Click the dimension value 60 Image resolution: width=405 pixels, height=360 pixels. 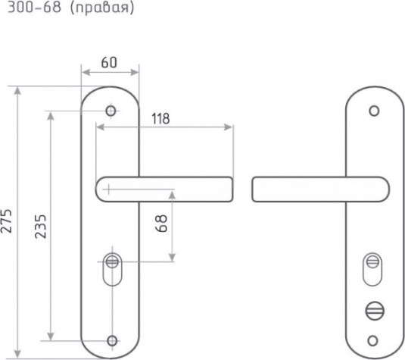tap(109, 63)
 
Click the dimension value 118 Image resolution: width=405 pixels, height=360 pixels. tap(160, 119)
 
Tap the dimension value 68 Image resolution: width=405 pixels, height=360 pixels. tap(162, 224)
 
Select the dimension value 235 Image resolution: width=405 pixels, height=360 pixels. tap(41, 227)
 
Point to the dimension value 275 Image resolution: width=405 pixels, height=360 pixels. tap(6, 221)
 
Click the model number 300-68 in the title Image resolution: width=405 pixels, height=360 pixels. tap(34, 7)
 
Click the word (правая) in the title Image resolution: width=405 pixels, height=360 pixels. tap(102, 8)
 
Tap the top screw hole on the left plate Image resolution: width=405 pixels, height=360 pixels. tap(111, 111)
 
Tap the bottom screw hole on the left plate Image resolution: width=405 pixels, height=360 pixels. tap(112, 340)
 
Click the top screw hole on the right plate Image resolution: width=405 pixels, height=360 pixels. tap(374, 111)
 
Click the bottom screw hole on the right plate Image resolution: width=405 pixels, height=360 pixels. tap(372, 340)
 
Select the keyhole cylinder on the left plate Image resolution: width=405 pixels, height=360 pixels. tap(112, 269)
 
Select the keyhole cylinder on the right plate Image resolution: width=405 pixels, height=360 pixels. tap(372, 269)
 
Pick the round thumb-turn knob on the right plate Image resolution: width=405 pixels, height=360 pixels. tap(375, 311)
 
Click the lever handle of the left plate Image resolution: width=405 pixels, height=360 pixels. tap(164, 189)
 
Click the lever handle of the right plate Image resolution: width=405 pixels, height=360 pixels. tap(320, 189)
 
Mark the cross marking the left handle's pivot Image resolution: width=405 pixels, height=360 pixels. tap(108, 189)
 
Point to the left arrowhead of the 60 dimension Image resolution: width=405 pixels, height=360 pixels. tap(86, 73)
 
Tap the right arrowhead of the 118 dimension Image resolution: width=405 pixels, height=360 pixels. tap(228, 127)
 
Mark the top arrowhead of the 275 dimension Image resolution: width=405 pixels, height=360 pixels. tap(17, 91)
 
